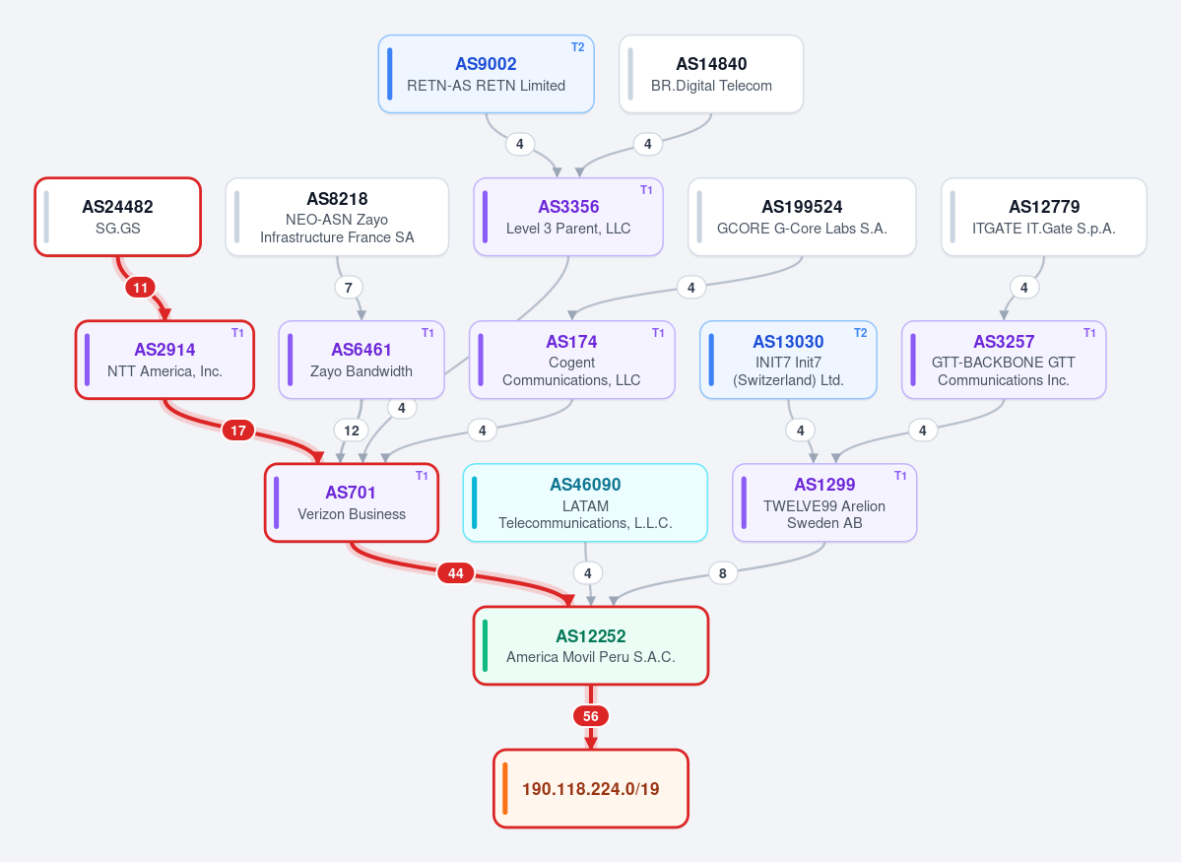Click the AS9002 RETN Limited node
pos(486,74)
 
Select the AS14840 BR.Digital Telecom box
pos(711,74)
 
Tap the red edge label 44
pos(456,573)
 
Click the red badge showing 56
pos(591,716)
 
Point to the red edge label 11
pos(141,287)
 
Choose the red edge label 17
pos(238,431)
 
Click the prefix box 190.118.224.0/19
pos(591,788)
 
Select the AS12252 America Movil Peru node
pos(591,645)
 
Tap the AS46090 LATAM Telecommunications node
pos(585,502)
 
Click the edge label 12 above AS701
pos(351,431)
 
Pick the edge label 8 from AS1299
pos(722,573)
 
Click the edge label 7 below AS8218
pos(348,287)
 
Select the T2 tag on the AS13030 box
pos(860,332)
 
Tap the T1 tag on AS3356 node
pos(646,190)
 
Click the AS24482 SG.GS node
pos(117,217)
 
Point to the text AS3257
pos(1004,341)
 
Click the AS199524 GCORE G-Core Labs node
pos(802,217)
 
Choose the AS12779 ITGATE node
pos(1044,217)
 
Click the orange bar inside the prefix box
pos(504,788)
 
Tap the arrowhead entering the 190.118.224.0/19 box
pos(591,743)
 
